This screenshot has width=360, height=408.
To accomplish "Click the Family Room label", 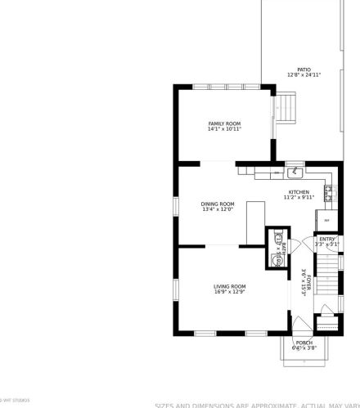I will pyautogui.click(x=223, y=123).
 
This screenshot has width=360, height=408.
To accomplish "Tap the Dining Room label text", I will pyautogui.click(x=218, y=204).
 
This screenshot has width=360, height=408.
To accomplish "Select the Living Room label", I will pyautogui.click(x=229, y=286).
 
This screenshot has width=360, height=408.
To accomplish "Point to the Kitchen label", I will pyautogui.click(x=299, y=192).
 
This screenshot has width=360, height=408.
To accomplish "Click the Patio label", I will pyautogui.click(x=304, y=69).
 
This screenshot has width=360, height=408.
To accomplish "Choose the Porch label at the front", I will pyautogui.click(x=304, y=343).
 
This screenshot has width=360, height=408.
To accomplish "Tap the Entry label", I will pyautogui.click(x=326, y=239).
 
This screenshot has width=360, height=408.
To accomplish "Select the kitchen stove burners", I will pyautogui.click(x=328, y=193).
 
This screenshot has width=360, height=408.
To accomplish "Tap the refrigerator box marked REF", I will pyautogui.click(x=326, y=220).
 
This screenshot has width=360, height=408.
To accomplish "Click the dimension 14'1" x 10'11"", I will pyautogui.click(x=223, y=129).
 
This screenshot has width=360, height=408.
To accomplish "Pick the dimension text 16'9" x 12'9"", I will pyautogui.click(x=229, y=292).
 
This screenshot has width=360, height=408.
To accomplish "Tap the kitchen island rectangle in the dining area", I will pyautogui.click(x=255, y=222).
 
